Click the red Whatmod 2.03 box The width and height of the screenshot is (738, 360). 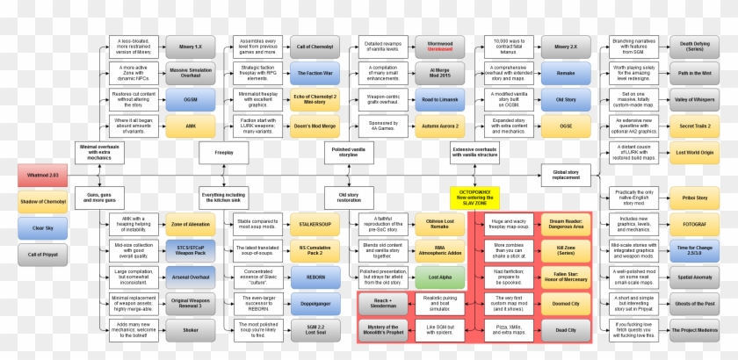(x=41, y=176)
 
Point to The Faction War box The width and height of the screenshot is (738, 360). (x=314, y=72)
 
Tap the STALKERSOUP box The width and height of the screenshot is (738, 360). (x=314, y=225)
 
